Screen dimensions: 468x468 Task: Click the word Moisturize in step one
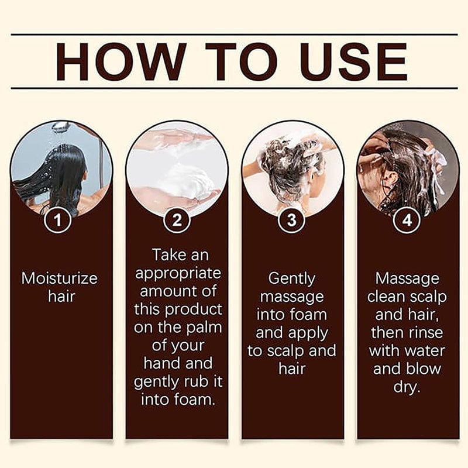point(60,278)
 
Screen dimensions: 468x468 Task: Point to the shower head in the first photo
point(61,126)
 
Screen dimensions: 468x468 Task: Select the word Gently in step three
point(292,278)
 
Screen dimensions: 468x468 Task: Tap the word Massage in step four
point(407,278)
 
